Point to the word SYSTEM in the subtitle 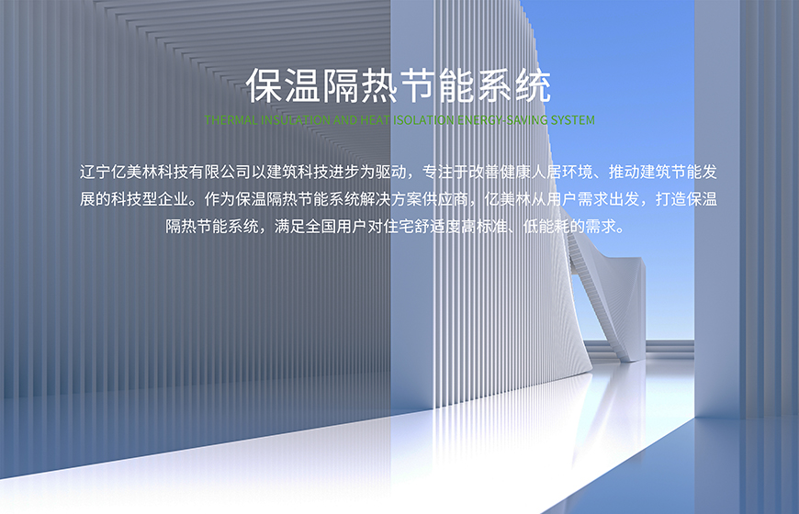click(x=573, y=120)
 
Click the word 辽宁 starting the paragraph click(x=97, y=172)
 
